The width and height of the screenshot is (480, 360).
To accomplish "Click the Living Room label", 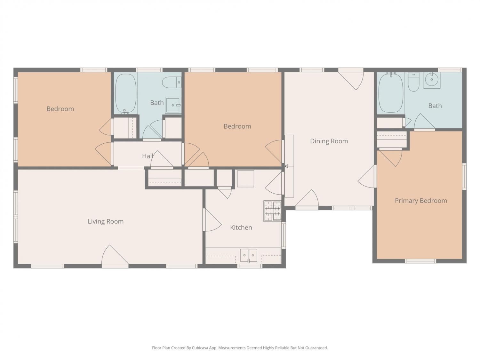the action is point(106,221).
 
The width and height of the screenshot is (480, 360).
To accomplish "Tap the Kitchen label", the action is point(241,228).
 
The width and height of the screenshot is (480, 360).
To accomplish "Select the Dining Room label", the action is point(329,141).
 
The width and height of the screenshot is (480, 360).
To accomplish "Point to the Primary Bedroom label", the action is point(421,201).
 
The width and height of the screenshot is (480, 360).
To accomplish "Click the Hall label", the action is point(148,156).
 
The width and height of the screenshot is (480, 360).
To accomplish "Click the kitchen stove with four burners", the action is point(272,211).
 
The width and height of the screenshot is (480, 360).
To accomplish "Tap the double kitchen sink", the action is point(248,255).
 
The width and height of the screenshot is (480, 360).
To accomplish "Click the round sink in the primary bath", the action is point(432,80).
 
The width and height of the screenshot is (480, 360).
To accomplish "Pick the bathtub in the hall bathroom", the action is point(126,93).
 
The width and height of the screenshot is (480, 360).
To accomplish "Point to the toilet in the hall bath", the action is point(172,83).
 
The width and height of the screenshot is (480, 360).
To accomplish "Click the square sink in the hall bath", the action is point(173,105).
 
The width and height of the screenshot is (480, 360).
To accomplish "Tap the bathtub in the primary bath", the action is point(391,93).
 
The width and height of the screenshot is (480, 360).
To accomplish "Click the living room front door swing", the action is point(115,255).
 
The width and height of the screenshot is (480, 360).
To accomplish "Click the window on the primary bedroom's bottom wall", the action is point(420,261).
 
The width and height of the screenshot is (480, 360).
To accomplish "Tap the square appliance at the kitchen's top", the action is point(245,179).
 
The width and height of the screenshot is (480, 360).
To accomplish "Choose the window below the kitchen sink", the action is point(250,266).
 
